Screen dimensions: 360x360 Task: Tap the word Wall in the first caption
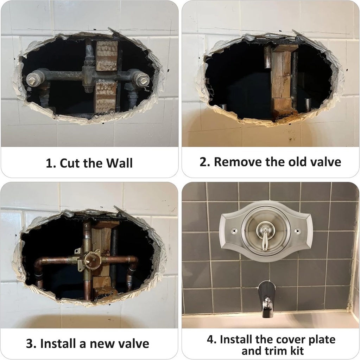click(x=120, y=163)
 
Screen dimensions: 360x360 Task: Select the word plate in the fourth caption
click(x=321, y=340)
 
